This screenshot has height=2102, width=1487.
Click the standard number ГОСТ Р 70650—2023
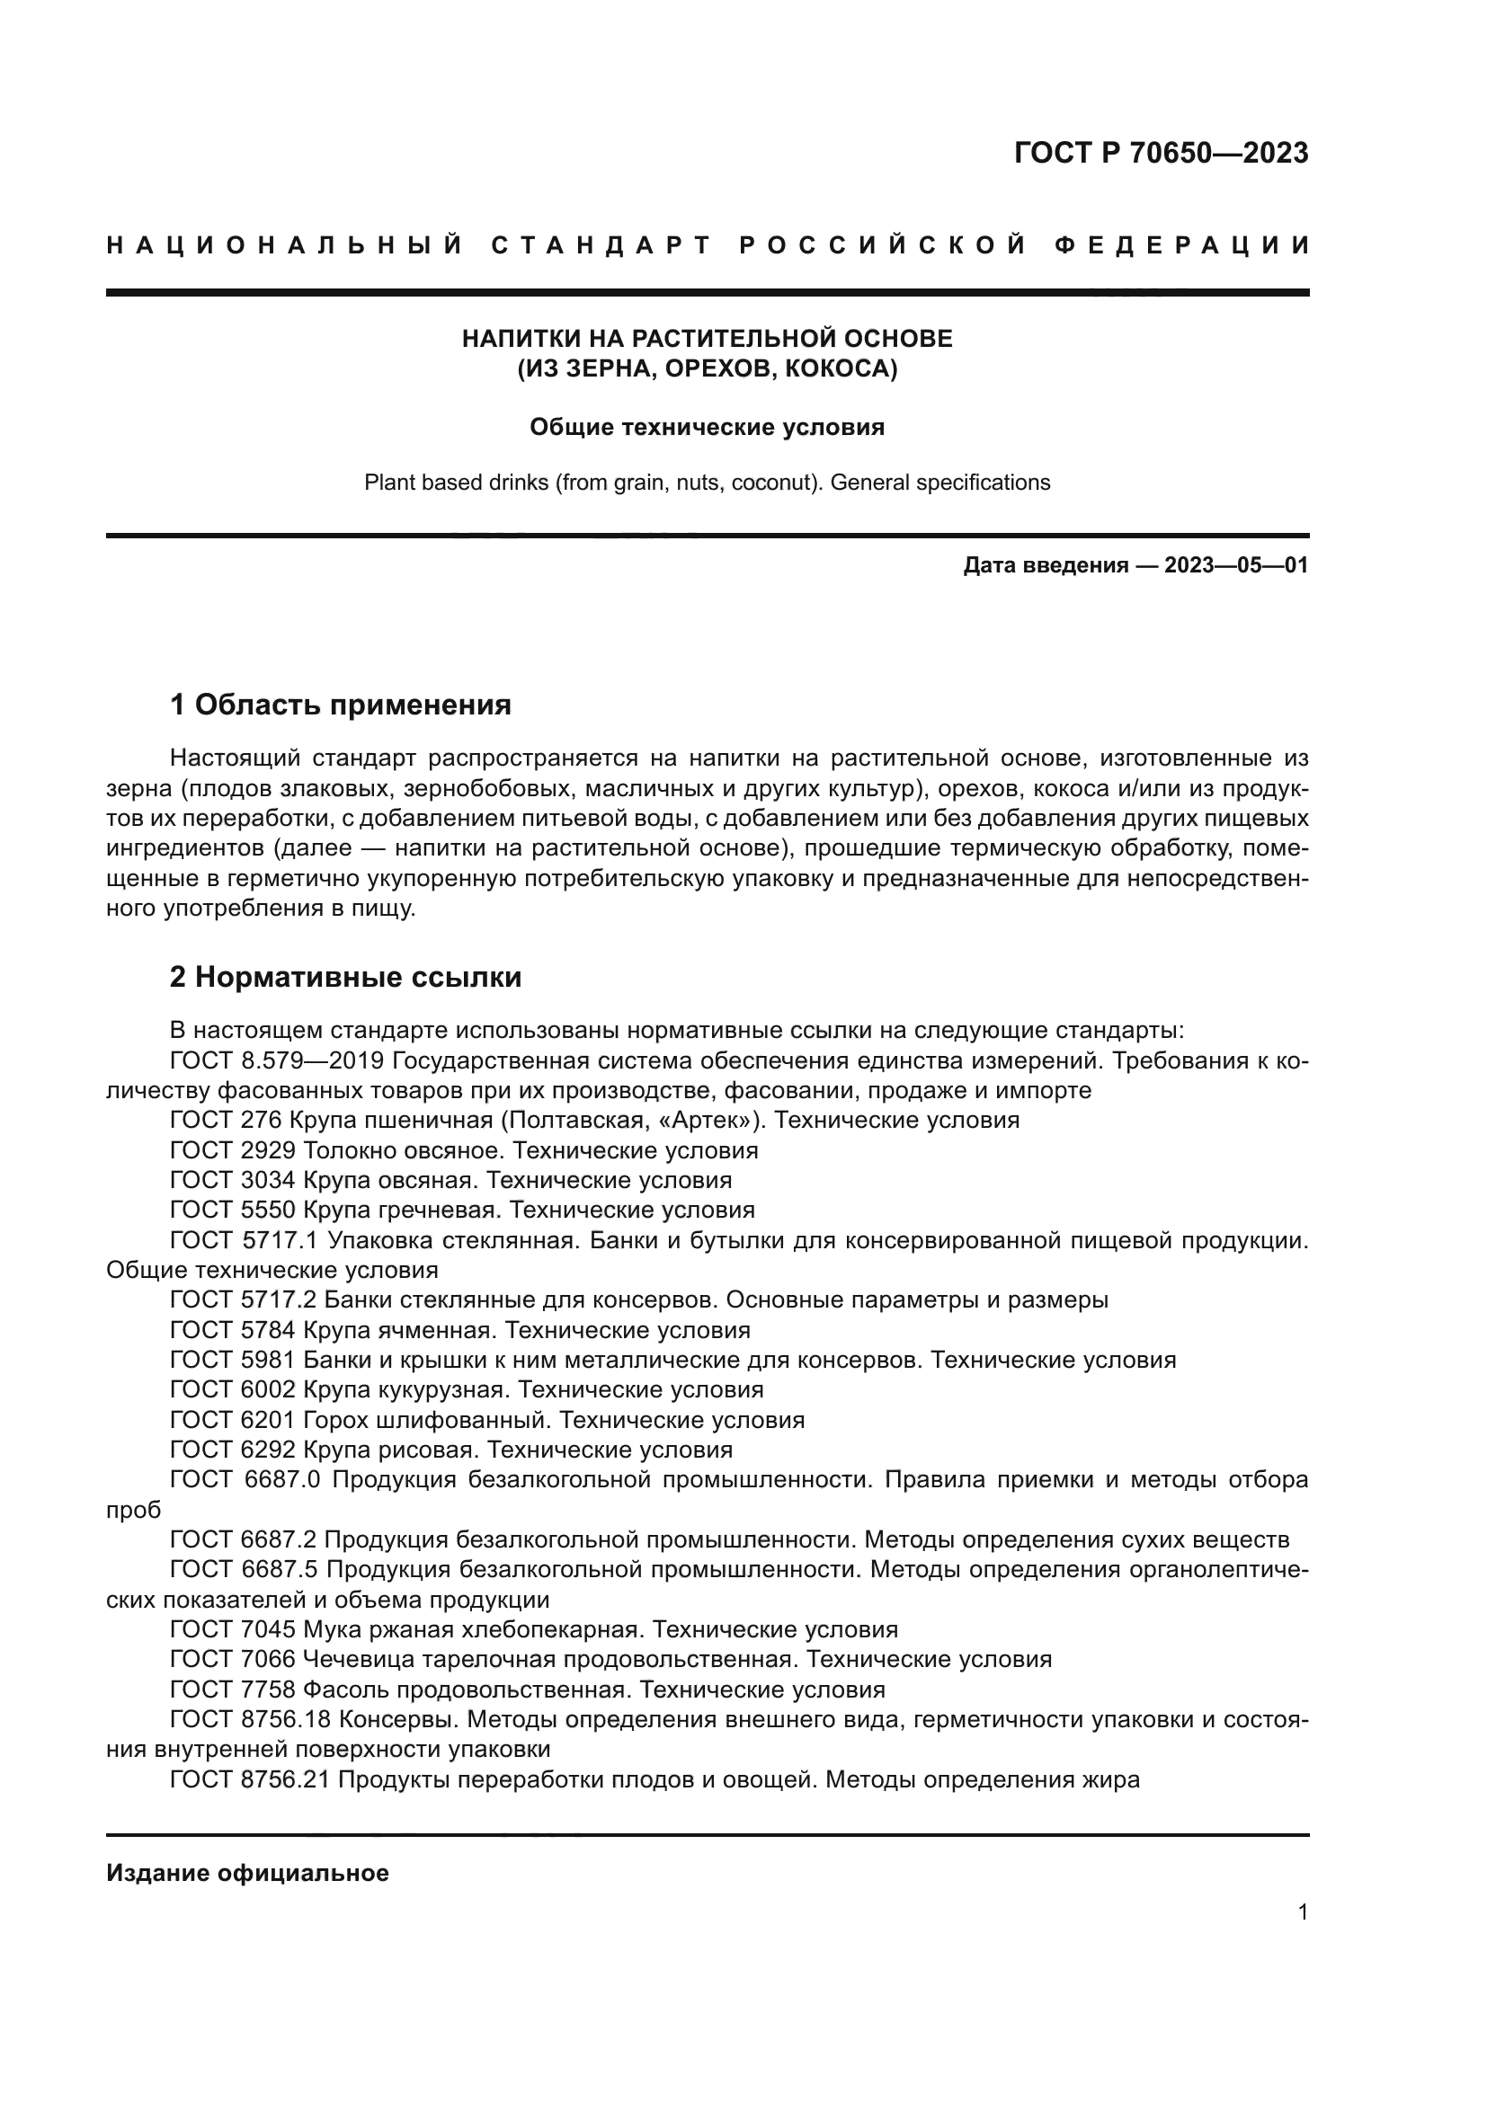click(1160, 153)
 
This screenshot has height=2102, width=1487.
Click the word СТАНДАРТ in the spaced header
click(601, 245)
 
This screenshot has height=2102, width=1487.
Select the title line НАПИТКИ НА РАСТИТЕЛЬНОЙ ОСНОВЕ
click(707, 339)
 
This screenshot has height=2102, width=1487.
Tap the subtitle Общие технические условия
click(707, 427)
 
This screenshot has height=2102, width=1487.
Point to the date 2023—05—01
click(1235, 565)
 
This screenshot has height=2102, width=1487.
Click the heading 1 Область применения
click(341, 705)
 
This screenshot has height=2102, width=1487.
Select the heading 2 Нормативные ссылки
click(346, 977)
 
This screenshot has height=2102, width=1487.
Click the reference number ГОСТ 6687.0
click(245, 1479)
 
